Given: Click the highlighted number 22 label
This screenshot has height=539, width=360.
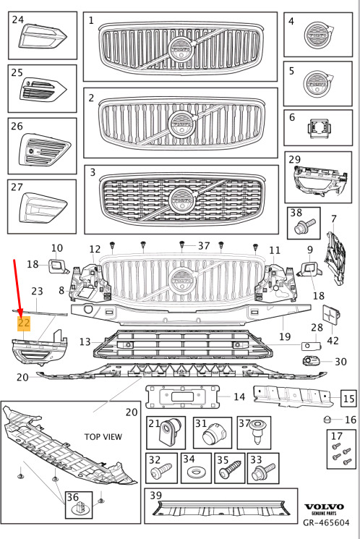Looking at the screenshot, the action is tap(24, 323).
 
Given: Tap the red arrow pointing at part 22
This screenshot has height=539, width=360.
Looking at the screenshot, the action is tap(17, 288).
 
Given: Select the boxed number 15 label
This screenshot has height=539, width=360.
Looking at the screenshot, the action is tap(348, 399).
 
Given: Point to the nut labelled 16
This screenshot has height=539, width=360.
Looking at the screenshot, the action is tap(327, 419).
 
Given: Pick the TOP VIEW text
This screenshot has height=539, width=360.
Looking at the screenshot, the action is tap(103, 436).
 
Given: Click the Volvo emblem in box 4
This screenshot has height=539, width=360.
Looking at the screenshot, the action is tap(319, 35).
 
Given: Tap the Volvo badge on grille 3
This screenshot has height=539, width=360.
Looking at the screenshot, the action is tap(181, 200).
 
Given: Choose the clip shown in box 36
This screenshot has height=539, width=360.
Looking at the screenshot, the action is tap(80, 508).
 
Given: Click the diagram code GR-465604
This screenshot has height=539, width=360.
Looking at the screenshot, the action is tap(326, 523).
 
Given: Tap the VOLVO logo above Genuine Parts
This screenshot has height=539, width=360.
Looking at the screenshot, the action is tap(325, 506).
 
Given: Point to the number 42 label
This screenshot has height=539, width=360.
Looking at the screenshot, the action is tap(333, 340).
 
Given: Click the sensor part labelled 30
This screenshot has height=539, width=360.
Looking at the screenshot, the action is tap(311, 360).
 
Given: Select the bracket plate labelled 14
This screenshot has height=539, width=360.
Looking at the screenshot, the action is tap(183, 397).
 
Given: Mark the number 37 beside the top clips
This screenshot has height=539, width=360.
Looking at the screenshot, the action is tap(204, 246).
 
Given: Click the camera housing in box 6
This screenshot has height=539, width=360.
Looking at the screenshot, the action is tap(319, 129).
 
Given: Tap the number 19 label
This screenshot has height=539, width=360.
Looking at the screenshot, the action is tap(285, 336).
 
